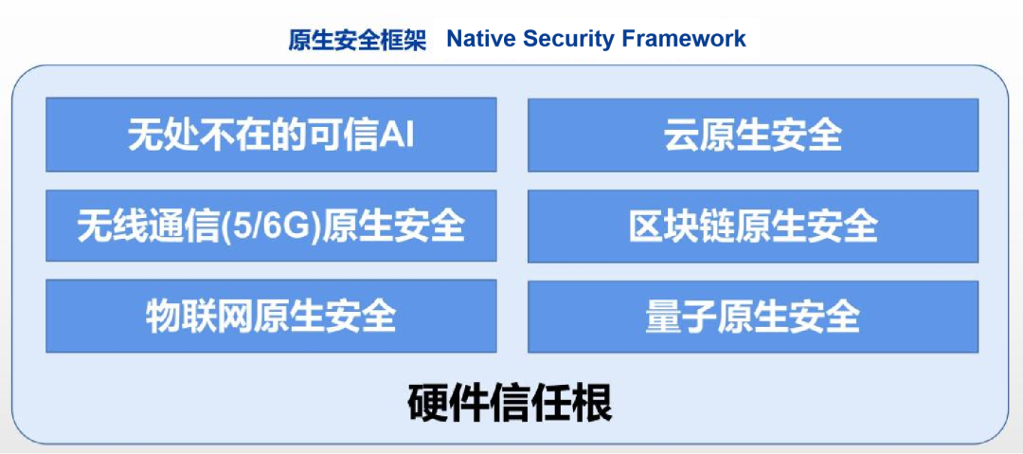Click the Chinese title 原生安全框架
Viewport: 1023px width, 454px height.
point(357,40)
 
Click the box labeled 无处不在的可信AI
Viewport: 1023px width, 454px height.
point(272,135)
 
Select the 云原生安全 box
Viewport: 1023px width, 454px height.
point(753,136)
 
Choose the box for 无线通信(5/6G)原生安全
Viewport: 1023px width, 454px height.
point(272,226)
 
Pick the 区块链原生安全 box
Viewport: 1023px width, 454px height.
point(753,226)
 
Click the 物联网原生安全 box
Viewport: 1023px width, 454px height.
point(272,316)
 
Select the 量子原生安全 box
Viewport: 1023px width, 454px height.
point(753,317)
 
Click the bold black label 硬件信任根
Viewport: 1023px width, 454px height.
point(511,405)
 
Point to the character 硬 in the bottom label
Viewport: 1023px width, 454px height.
point(428,405)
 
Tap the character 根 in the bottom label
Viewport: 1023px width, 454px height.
point(593,405)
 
